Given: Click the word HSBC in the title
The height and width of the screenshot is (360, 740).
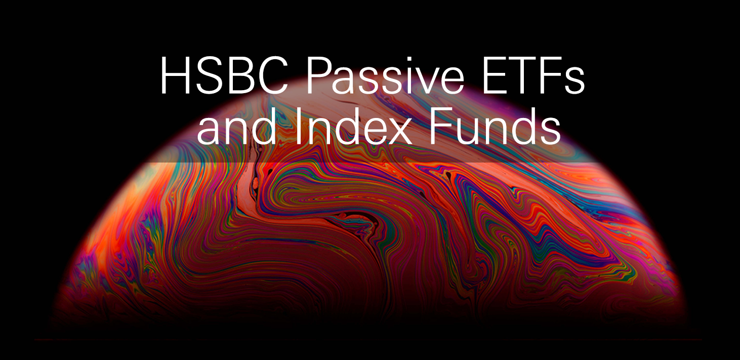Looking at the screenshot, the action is click(224, 76).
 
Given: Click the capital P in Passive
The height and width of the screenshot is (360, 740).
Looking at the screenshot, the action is click(319, 76).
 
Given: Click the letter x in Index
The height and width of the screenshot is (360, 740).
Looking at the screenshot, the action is click(400, 132).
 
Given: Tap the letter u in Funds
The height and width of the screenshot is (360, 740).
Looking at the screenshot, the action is click(469, 132).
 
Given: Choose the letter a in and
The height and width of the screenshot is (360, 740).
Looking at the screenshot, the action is click(209, 132).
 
